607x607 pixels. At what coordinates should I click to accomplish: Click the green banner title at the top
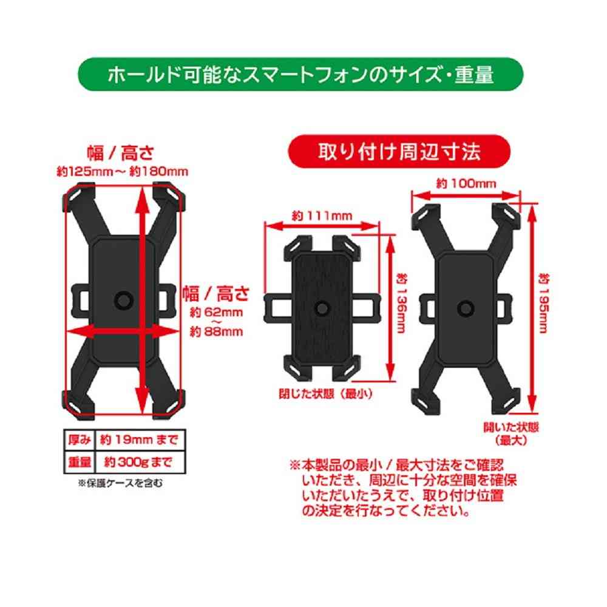[x=301, y=74]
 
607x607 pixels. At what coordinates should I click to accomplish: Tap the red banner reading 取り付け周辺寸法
[x=399, y=151]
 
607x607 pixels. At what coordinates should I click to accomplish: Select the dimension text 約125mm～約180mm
[x=123, y=172]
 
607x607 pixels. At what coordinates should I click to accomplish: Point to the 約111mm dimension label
[x=322, y=215]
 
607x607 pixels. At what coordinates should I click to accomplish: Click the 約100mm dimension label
[x=466, y=183]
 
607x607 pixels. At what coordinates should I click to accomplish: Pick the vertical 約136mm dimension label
[x=402, y=303]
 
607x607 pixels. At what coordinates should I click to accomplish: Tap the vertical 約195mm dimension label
[x=544, y=303]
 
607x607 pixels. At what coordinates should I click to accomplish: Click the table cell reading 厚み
[x=80, y=440]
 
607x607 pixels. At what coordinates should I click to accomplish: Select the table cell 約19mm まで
[x=140, y=440]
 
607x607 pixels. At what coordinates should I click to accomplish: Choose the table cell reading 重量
[x=80, y=462]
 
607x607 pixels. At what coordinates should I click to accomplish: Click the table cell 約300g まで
[x=140, y=462]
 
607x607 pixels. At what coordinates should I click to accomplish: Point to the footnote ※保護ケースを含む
[x=120, y=483]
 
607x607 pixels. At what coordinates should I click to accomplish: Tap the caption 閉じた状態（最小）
[x=325, y=394]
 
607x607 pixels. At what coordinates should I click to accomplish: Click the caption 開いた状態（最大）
[x=511, y=433]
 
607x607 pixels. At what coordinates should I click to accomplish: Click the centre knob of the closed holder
[x=321, y=308]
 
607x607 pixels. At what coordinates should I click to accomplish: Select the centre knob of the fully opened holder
[x=466, y=308]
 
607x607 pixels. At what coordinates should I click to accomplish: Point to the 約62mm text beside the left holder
[x=217, y=312]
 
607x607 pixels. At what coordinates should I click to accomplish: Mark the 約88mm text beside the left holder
[x=217, y=332]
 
